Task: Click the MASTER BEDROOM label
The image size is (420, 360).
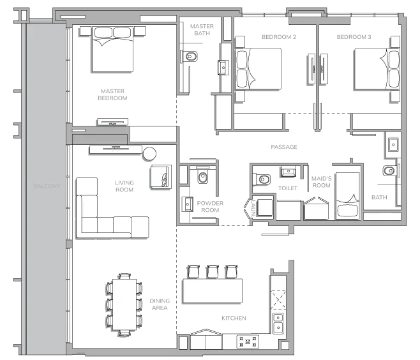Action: coord(112,94)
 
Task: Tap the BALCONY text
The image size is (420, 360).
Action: coord(47,186)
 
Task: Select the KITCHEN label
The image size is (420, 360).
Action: coord(234,318)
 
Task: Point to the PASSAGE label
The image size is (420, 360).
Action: coord(284,147)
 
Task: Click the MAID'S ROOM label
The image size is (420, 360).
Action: coord(322,182)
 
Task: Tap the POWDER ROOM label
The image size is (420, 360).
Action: coord(210,207)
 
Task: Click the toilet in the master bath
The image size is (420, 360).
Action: coord(190,57)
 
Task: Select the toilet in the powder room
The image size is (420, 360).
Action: coord(203,176)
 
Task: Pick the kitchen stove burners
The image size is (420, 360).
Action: coord(248,341)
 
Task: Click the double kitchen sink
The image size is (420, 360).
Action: coord(278,324)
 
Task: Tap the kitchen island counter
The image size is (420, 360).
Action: coord(213,291)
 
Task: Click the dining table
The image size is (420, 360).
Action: coord(124,304)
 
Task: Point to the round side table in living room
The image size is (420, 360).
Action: coord(149,154)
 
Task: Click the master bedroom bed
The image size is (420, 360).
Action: coord(112,49)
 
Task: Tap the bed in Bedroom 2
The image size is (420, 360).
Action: coord(259,69)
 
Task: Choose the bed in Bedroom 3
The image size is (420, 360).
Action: coord(377,69)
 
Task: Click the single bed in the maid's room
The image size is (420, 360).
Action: coord(348,195)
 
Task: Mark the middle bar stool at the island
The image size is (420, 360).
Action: coord(213,271)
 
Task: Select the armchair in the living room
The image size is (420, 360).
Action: coord(161,177)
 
